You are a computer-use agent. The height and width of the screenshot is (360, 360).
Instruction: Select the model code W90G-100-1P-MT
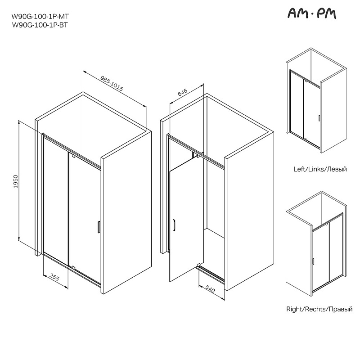click(40, 17)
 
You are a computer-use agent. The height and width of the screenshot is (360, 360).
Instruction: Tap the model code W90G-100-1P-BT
click(40, 25)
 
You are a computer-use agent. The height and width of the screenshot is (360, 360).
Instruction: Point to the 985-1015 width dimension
click(112, 83)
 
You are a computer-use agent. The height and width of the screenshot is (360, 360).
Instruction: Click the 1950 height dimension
click(16, 181)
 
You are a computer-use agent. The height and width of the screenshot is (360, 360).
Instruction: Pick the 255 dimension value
click(54, 277)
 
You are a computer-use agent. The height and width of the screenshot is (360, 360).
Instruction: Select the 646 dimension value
click(183, 92)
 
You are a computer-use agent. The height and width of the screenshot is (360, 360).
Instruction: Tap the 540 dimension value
click(210, 289)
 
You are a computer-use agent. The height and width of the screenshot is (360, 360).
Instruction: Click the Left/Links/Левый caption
click(320, 169)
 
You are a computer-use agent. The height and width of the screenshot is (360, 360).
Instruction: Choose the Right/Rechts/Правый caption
click(319, 309)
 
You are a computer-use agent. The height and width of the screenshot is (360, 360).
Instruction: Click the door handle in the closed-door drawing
click(99, 227)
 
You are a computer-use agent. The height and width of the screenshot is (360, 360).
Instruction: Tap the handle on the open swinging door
click(174, 225)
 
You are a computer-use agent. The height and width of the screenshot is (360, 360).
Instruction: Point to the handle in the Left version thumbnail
click(319, 118)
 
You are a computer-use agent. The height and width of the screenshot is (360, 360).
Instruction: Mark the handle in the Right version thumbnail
click(313, 261)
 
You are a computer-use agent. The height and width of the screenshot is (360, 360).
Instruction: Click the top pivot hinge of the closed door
click(73, 156)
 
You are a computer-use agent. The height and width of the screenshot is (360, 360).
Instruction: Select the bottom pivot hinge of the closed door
click(73, 267)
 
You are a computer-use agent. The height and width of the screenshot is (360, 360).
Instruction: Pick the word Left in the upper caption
click(299, 169)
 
